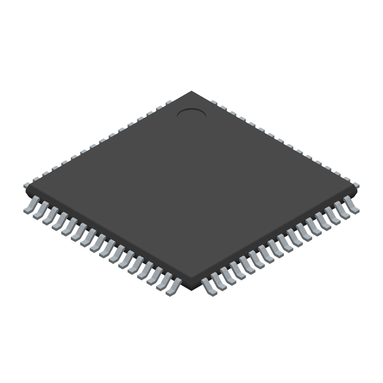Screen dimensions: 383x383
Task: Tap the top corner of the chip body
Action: coord(191,91)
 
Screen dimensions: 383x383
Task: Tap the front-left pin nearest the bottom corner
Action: coord(172,286)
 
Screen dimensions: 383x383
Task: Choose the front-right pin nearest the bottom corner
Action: coord(209,286)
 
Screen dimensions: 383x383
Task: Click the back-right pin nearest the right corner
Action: coord(356,183)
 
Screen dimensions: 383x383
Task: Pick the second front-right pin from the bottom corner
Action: coord(219,281)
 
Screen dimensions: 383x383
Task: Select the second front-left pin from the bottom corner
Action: coord(163,281)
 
